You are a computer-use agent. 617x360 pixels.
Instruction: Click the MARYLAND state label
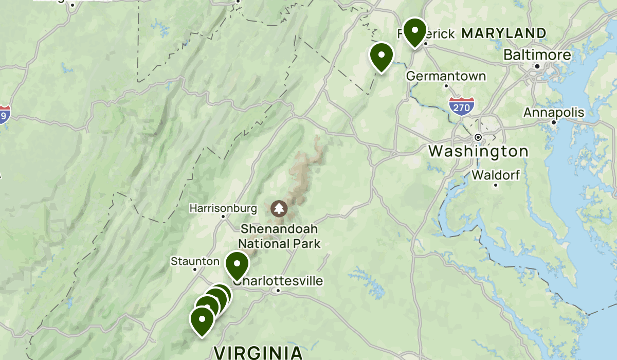(503, 33)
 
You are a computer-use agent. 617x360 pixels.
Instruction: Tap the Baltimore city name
(537, 55)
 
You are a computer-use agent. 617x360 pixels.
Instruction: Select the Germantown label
(446, 76)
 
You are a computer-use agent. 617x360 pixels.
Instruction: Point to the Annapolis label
(554, 112)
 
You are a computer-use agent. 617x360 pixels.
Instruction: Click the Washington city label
(478, 151)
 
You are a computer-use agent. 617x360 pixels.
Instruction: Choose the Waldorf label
(496, 175)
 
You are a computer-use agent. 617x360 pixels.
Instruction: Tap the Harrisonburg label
(223, 208)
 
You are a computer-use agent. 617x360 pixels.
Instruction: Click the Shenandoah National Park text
(280, 236)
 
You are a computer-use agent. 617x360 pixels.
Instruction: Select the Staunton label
(195, 261)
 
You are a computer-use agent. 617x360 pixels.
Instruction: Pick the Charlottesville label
(278, 281)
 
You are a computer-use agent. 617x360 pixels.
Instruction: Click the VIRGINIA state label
(258, 353)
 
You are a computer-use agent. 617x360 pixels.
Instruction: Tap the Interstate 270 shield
(461, 106)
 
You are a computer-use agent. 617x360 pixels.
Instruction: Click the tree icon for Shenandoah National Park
(279, 208)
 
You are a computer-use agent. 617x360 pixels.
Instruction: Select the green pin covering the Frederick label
(414, 31)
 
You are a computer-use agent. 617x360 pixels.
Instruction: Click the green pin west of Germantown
(382, 56)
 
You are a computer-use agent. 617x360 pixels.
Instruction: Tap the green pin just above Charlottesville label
(237, 265)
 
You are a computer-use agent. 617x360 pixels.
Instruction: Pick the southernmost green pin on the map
(202, 320)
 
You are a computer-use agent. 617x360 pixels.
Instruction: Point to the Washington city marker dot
(478, 137)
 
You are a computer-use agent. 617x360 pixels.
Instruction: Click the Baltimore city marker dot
(537, 66)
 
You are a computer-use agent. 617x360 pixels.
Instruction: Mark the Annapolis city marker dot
(554, 122)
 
